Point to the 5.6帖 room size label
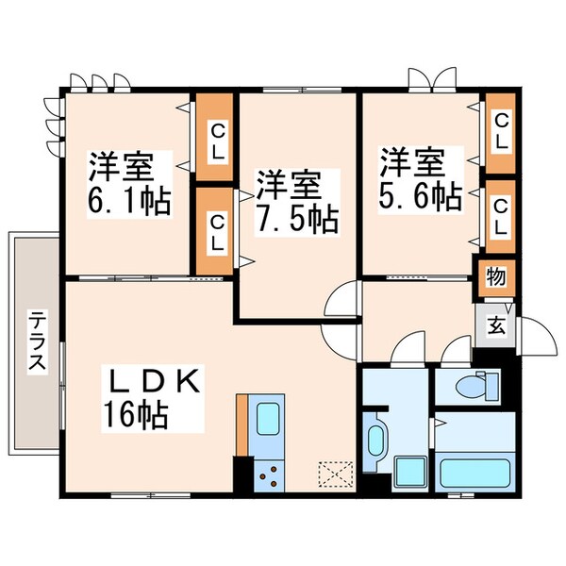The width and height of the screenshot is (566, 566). point(421,196)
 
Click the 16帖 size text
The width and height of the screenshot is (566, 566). point(137,415)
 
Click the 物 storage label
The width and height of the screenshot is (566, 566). point(494,276)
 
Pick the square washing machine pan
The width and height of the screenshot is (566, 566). point(410,471)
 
